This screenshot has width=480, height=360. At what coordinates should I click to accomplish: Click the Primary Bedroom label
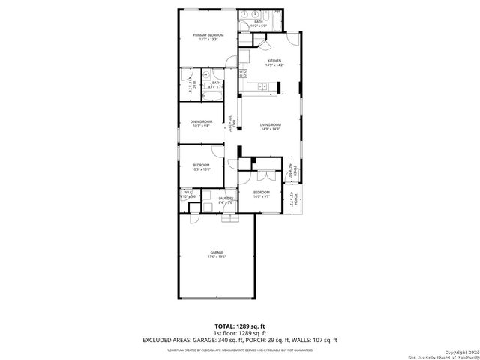209,34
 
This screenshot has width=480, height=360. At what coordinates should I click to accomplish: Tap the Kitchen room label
274,61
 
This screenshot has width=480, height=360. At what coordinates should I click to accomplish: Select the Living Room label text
270,124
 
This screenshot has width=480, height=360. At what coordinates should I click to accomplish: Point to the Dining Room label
201,121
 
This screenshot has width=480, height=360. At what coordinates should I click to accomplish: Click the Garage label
216,252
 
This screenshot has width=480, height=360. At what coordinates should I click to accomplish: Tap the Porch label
296,199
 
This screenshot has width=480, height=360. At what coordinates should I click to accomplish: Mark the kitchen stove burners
243,73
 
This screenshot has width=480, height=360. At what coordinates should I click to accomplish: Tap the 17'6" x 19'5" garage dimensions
216,257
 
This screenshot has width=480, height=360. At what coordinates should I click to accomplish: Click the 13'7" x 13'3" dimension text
209,40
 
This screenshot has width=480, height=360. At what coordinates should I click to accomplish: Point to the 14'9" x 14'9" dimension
270,130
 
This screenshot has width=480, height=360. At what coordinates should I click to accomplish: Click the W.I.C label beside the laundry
188,193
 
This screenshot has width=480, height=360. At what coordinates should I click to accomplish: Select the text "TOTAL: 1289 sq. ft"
240,325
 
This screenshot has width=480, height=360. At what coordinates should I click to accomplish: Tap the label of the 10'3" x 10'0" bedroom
201,165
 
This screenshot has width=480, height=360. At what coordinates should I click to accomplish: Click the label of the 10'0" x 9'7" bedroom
260,193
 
